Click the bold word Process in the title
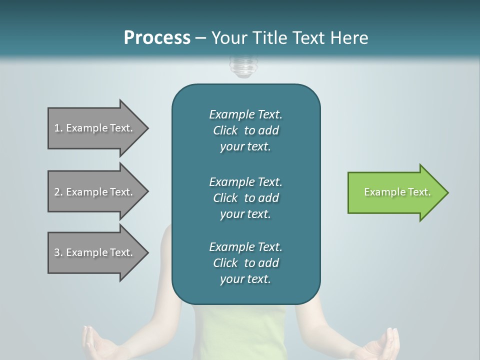(157, 38)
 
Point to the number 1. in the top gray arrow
(58, 128)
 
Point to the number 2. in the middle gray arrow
(58, 192)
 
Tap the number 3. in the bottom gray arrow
(58, 252)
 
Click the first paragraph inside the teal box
(245, 130)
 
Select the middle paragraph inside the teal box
(245, 198)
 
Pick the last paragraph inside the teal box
(245, 263)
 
